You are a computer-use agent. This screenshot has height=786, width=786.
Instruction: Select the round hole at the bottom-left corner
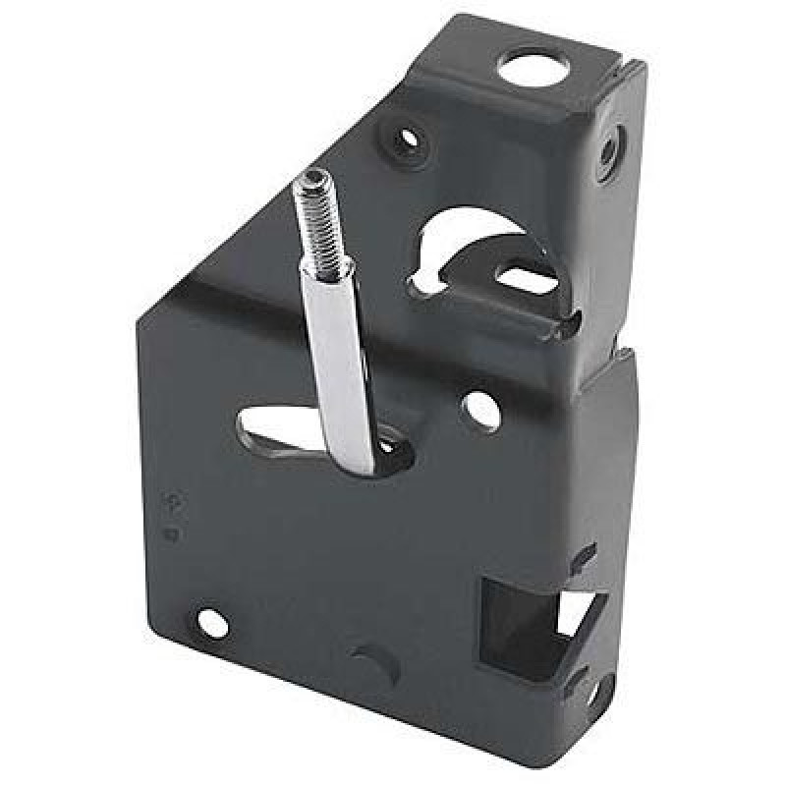tap(213, 620)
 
